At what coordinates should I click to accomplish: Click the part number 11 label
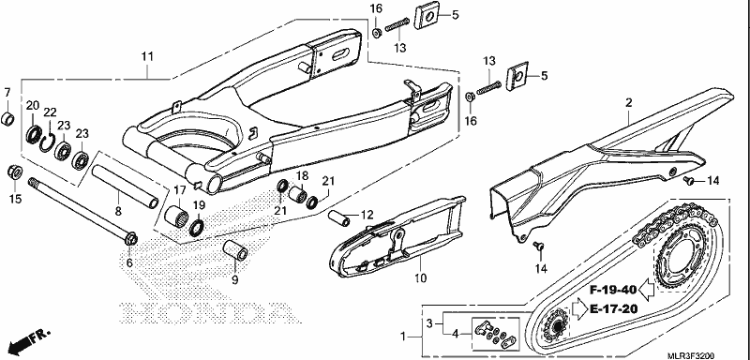pos(147,56)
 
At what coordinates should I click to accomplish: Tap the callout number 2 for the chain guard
pos(628,102)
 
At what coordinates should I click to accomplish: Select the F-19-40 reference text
pos(612,290)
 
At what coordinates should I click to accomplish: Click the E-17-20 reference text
pos(614,308)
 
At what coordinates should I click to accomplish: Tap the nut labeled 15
pos(15,172)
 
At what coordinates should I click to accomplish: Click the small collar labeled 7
pos(7,119)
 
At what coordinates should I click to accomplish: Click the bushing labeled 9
pos(235,250)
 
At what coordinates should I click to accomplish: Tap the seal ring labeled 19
pos(197,228)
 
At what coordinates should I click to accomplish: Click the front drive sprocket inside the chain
pos(555,324)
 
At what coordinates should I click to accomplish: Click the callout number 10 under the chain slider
pos(420,277)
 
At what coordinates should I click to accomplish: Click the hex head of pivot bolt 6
pos(130,238)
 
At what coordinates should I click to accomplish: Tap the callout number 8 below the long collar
pos(118,210)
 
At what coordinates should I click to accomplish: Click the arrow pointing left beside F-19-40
pos(647,290)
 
